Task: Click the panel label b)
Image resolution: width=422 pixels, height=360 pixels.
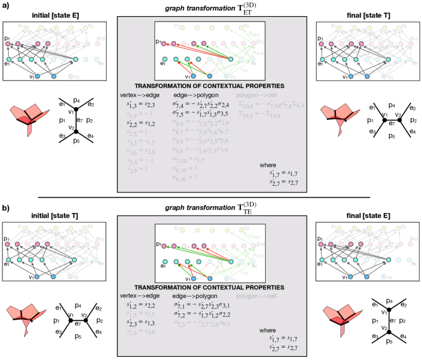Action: (6, 201)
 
